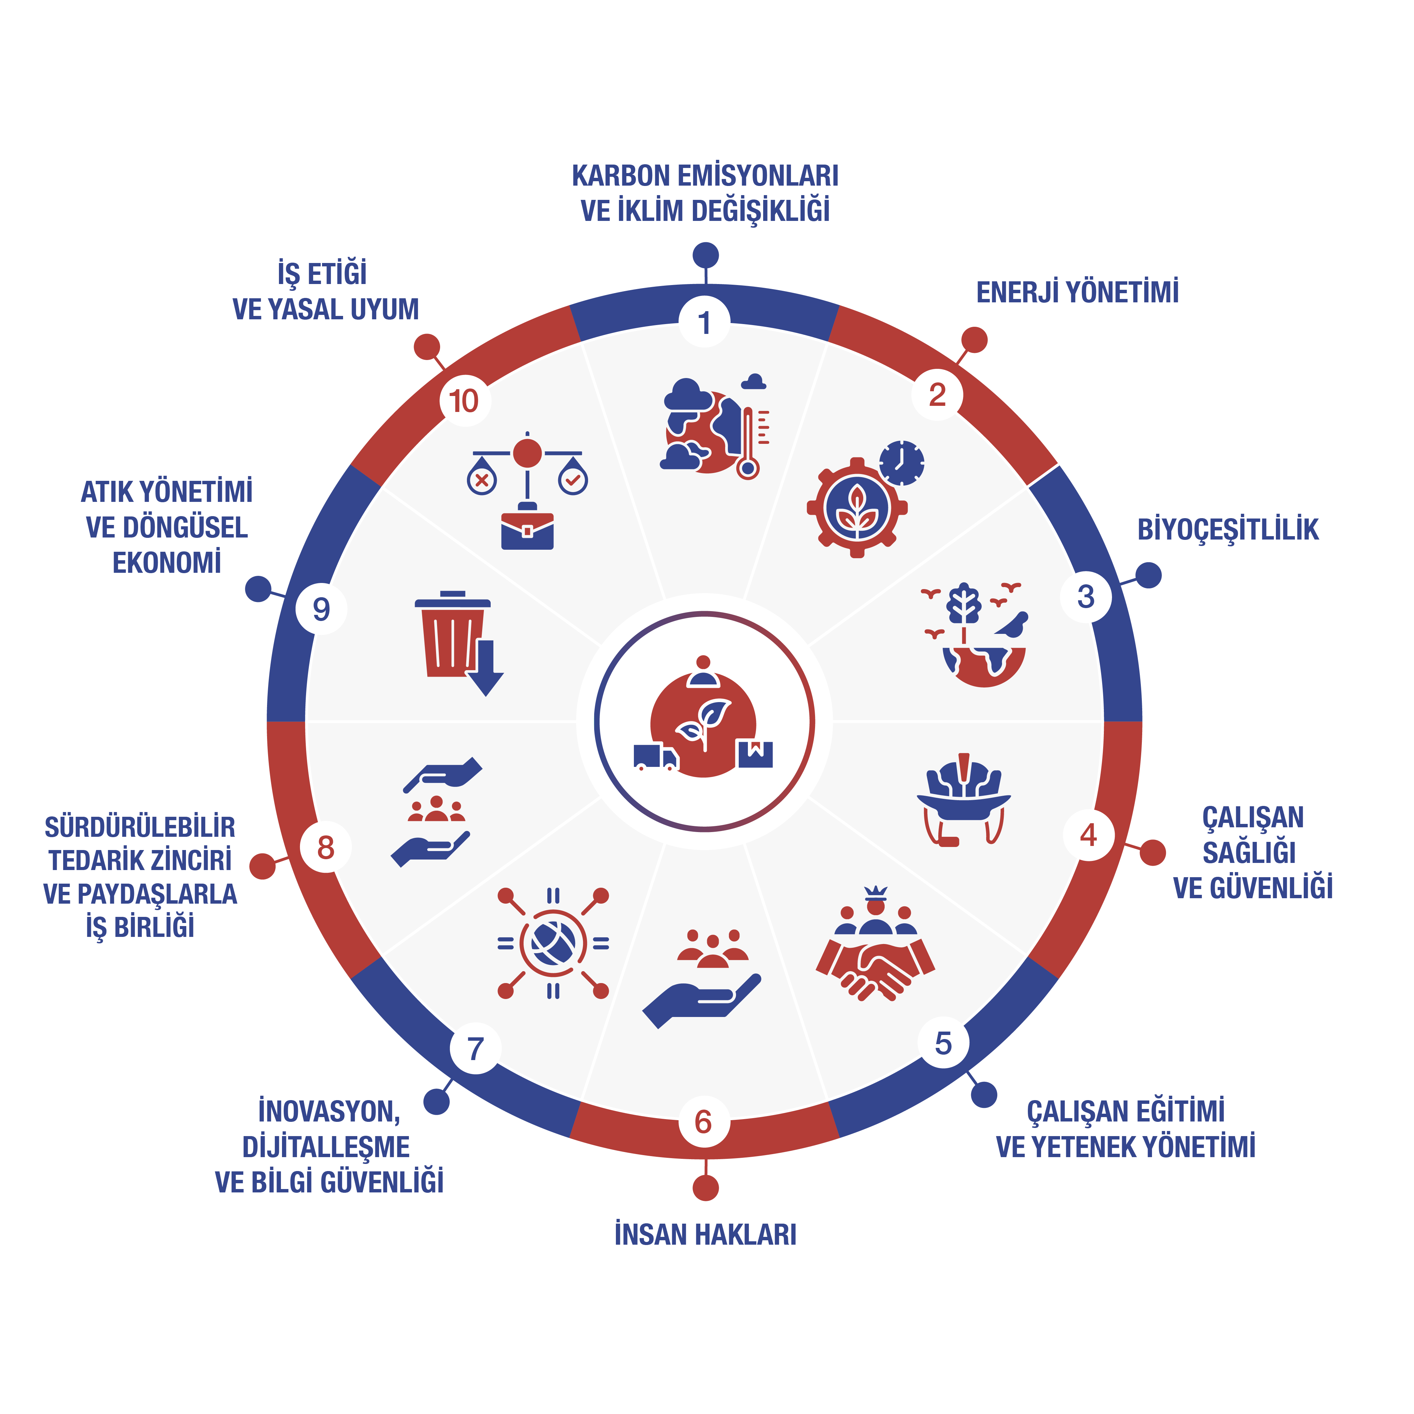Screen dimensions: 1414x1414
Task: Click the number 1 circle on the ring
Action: coord(705,322)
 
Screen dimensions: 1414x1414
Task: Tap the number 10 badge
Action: coord(464,400)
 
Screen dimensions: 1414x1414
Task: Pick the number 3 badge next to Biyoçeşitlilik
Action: coord(1086,597)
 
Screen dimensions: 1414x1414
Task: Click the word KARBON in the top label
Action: coord(621,176)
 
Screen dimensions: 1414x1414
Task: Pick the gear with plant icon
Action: coord(857,508)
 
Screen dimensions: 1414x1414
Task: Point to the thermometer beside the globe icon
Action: coord(747,444)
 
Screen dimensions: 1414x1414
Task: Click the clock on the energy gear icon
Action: coord(902,463)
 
